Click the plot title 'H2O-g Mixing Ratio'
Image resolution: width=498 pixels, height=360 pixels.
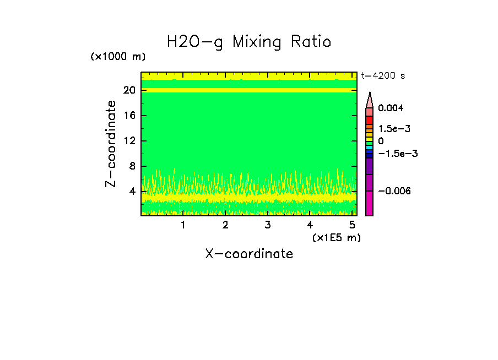pos(249,42)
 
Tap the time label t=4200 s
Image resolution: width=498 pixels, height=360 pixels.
pos(383,76)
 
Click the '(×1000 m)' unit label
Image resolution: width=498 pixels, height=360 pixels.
pos(118,57)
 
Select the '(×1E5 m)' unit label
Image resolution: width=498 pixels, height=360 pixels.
pos(335,238)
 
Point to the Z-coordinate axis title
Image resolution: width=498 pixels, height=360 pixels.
pos(111,144)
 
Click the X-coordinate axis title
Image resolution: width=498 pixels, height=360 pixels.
pos(249,254)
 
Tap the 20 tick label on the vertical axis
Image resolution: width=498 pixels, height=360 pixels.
pos(130,90)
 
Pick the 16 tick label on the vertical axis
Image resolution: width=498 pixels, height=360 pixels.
pos(130,116)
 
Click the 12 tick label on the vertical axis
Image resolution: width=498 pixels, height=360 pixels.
pos(130,141)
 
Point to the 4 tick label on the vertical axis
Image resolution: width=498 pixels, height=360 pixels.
pos(133,192)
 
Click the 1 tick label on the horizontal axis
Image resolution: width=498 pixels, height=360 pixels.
pos(183,225)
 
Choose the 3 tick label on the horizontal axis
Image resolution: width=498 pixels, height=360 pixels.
pos(268,225)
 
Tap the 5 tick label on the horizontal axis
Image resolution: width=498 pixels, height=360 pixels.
pos(352,225)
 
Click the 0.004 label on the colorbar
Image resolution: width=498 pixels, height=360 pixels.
pos(391,108)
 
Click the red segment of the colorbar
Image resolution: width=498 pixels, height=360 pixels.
pos(370,120)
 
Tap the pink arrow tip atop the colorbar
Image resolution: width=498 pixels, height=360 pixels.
pos(370,100)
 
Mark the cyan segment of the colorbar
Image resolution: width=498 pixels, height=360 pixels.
pos(370,148)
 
